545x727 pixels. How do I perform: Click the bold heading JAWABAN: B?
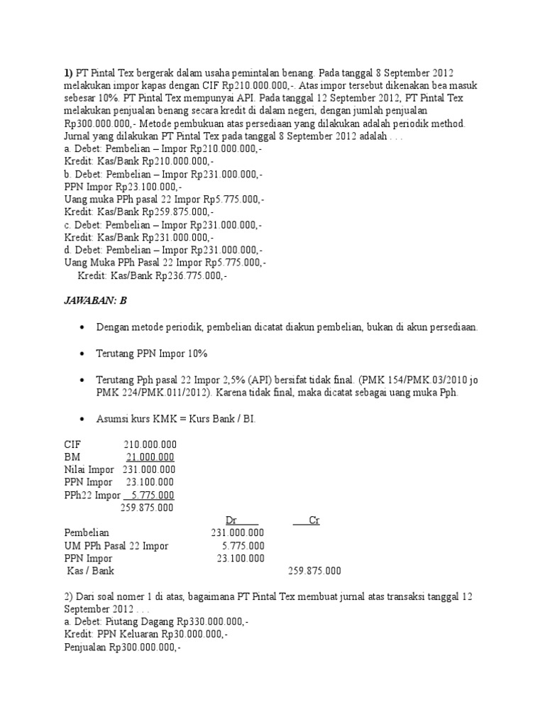pos(96,300)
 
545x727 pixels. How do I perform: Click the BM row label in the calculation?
pos(72,457)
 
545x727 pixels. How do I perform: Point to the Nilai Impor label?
pos(89,469)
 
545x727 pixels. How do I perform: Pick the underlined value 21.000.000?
pos(150,457)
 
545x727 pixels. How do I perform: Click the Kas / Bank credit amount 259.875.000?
pos(314,571)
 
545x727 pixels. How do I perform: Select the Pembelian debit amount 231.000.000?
pos(238,533)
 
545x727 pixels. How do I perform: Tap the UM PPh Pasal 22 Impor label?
pos(116,546)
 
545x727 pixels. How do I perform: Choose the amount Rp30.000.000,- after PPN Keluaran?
pos(194,635)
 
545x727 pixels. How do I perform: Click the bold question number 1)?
pos(69,72)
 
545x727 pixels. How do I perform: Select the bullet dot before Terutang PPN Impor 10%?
pos(83,354)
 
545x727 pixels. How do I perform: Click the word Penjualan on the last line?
pos(87,647)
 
